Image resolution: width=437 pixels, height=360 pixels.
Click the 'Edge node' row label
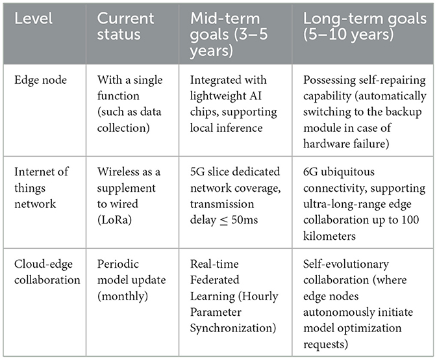point(38,81)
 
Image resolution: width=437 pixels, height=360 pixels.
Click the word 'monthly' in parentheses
point(123,281)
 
